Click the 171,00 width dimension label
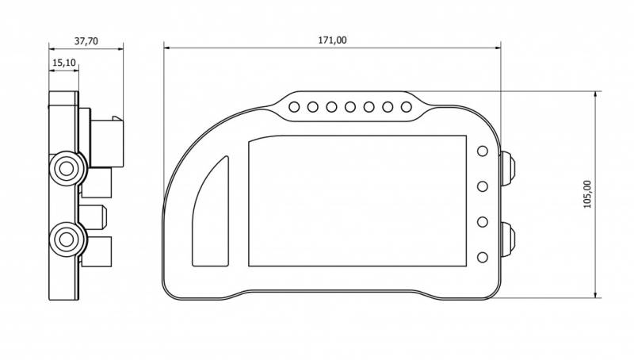[332, 40]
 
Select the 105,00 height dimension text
[587, 194]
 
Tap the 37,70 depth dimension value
[86, 41]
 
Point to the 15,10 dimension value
[64, 63]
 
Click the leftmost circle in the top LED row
[294, 107]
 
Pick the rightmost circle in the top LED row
[407, 107]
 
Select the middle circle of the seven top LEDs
[350, 107]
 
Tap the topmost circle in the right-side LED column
[483, 151]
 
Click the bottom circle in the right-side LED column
[483, 257]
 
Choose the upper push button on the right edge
[508, 168]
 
